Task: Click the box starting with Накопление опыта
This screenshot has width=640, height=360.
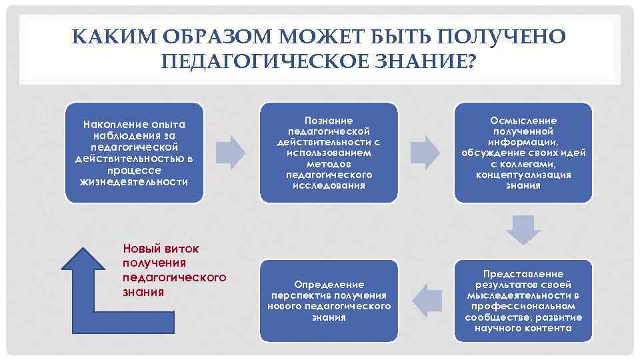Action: (x=134, y=153)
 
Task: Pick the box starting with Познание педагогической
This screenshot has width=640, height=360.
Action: (x=329, y=153)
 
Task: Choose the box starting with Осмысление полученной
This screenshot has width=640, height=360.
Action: (x=523, y=153)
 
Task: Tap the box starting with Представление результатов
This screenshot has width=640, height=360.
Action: (x=523, y=301)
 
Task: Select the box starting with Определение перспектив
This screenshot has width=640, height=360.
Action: (x=329, y=301)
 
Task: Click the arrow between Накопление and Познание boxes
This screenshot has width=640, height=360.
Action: (x=231, y=152)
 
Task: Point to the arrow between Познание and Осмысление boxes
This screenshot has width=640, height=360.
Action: (x=425, y=152)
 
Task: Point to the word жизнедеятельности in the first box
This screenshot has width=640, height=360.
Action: (x=133, y=181)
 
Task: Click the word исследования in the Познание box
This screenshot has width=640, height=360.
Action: (x=329, y=185)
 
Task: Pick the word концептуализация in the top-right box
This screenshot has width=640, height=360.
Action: (x=523, y=175)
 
